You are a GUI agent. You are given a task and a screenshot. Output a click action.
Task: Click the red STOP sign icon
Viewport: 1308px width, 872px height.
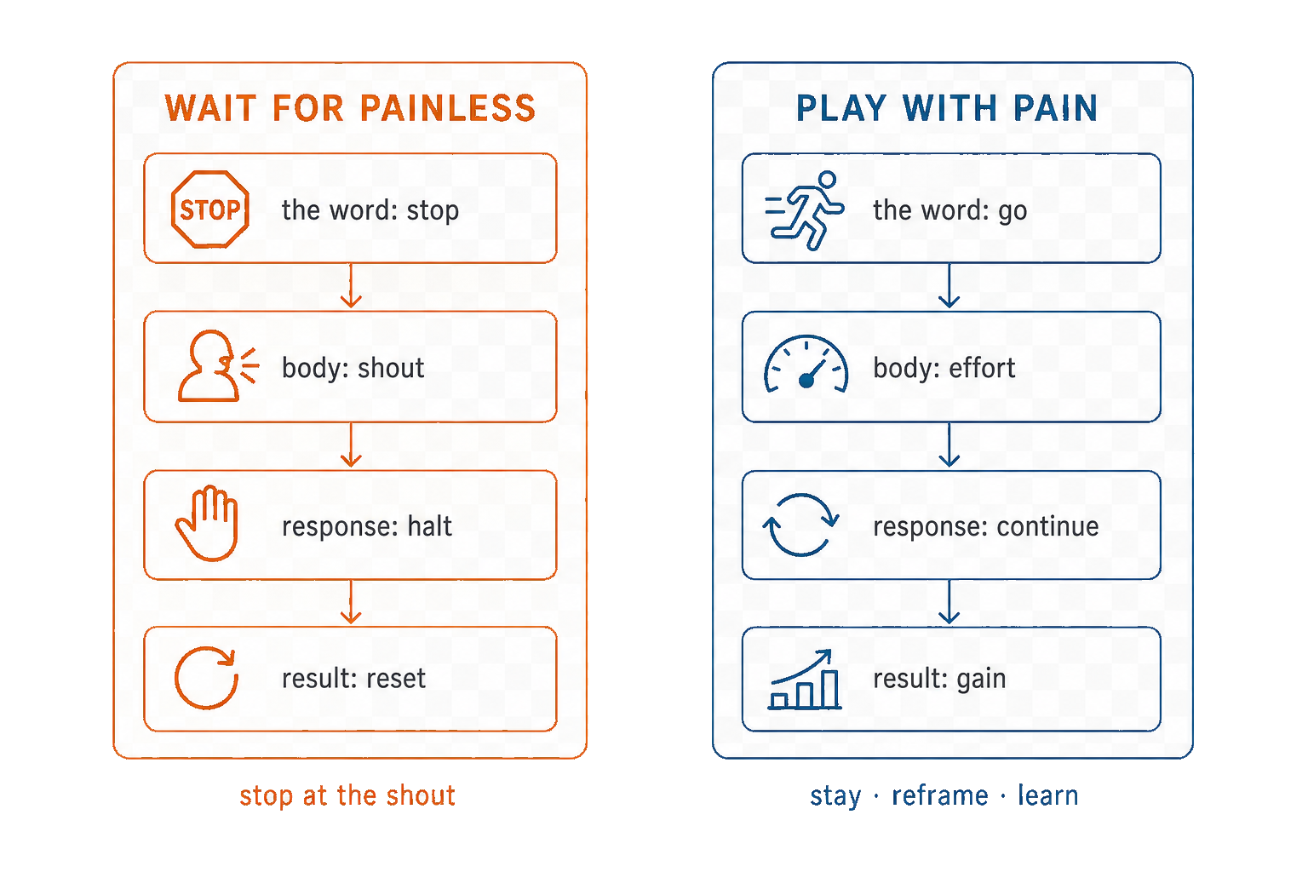point(210,209)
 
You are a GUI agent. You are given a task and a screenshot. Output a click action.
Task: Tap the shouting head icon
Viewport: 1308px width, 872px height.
point(217,366)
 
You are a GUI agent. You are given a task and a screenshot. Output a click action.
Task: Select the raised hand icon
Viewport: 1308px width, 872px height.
point(207,524)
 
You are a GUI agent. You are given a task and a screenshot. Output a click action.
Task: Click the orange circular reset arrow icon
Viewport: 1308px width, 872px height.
point(206,678)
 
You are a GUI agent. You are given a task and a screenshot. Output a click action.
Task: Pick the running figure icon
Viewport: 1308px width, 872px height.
point(805,210)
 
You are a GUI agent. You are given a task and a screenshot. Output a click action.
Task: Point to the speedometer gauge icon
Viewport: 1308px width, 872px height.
point(806,364)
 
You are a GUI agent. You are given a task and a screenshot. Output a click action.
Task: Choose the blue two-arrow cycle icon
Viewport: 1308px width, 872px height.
point(800,525)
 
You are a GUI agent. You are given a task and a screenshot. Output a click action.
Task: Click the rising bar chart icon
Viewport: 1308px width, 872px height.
point(805,680)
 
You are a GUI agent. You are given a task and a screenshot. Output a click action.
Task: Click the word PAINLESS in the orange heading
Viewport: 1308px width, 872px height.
point(448,108)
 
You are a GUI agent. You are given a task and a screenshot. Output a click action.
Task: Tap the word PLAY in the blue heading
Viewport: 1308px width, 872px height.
point(842,108)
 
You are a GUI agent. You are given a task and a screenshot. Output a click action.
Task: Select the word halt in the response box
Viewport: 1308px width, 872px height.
point(430,525)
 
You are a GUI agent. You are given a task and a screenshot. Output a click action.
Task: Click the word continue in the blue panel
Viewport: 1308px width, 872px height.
point(1047,526)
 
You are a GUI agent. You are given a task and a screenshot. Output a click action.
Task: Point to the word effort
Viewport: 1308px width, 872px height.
point(982,368)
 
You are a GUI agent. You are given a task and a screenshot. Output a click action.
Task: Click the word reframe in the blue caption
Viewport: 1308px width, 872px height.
point(940,795)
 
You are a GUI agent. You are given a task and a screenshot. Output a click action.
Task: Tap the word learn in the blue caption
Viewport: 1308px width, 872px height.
point(1048,795)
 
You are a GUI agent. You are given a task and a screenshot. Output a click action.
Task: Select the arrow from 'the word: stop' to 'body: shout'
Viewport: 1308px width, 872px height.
point(351,285)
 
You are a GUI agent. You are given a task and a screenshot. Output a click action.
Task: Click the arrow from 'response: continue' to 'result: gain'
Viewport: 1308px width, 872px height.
point(949,601)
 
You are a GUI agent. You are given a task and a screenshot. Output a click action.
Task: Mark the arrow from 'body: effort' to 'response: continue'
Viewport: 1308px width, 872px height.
point(949,445)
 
